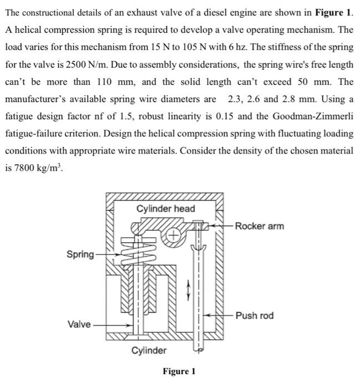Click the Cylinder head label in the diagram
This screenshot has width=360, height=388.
165,208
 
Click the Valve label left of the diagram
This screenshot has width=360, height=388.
79,324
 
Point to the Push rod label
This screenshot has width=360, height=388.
255,315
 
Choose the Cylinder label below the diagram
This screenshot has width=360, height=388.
149,350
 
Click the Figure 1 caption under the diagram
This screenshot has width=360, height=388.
179,371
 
